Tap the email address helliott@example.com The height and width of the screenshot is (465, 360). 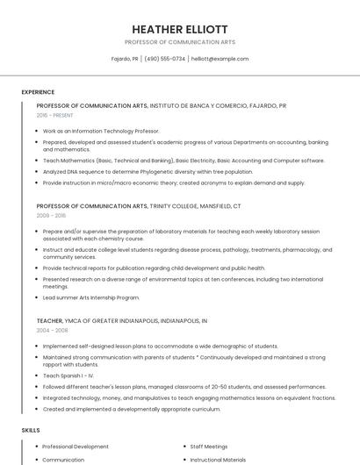click(x=220, y=59)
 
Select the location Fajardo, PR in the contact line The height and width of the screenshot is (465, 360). click(x=125, y=59)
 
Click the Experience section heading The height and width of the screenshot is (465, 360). click(x=38, y=92)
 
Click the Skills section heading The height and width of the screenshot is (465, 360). click(x=31, y=430)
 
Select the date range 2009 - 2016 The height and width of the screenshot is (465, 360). click(x=51, y=214)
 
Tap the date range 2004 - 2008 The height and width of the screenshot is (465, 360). click(x=51, y=330)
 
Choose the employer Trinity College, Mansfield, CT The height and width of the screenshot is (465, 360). click(x=195, y=205)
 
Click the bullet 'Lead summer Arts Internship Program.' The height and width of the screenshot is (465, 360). click(x=91, y=297)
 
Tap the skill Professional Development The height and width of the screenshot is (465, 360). click(x=76, y=447)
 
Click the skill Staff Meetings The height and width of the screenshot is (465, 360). click(x=209, y=447)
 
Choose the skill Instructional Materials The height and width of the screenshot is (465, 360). click(x=219, y=459)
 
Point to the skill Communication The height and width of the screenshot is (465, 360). click(x=63, y=459)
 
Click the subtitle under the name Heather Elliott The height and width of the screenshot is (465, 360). click(x=179, y=41)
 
